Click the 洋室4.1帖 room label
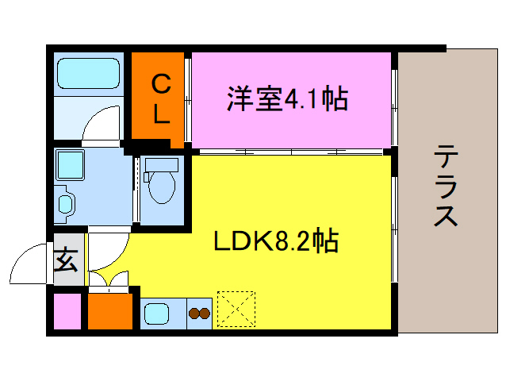288,99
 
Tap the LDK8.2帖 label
275,240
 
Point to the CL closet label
161,98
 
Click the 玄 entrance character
66,260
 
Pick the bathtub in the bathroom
89,74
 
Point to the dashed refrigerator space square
236,310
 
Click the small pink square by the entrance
67,312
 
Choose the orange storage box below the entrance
109,311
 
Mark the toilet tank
163,165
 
